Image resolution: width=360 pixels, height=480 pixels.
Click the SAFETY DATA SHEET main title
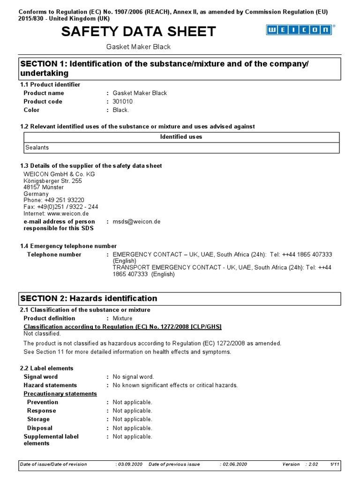(139, 31)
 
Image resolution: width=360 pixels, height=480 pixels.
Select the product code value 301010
(123, 102)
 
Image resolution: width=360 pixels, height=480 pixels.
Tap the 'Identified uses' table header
(181, 137)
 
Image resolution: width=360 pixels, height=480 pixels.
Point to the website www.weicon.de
(68, 213)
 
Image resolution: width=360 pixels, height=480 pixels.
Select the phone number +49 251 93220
(64, 200)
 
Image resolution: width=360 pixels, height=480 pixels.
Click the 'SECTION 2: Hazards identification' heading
(89, 299)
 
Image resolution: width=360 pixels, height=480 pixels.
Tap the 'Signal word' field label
(41, 377)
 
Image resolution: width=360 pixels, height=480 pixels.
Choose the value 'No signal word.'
(133, 377)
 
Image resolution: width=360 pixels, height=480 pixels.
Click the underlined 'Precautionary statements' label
(60, 394)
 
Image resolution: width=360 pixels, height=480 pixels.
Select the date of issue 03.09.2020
(129, 464)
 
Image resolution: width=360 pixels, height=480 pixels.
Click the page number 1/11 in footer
(335, 464)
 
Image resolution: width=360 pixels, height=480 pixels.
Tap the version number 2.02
(313, 464)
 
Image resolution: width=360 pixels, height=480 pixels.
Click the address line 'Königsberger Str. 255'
(52, 181)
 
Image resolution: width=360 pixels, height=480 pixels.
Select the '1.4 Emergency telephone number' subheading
(68, 246)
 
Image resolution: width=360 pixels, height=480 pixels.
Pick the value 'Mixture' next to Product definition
(122, 318)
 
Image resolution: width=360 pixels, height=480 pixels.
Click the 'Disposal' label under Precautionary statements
(39, 428)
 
